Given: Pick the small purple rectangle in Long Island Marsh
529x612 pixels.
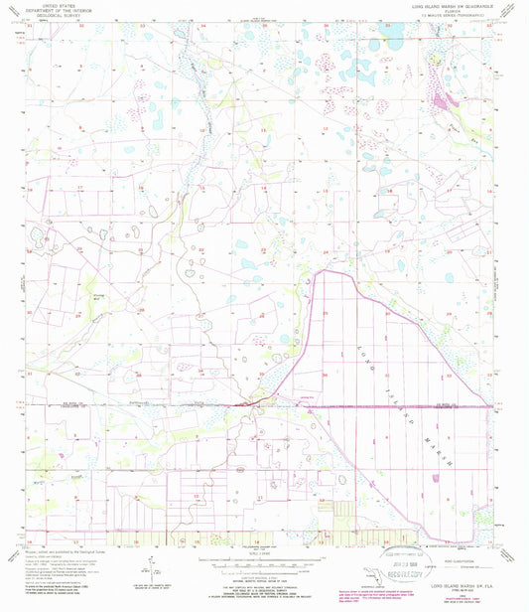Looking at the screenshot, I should point(437,476).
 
